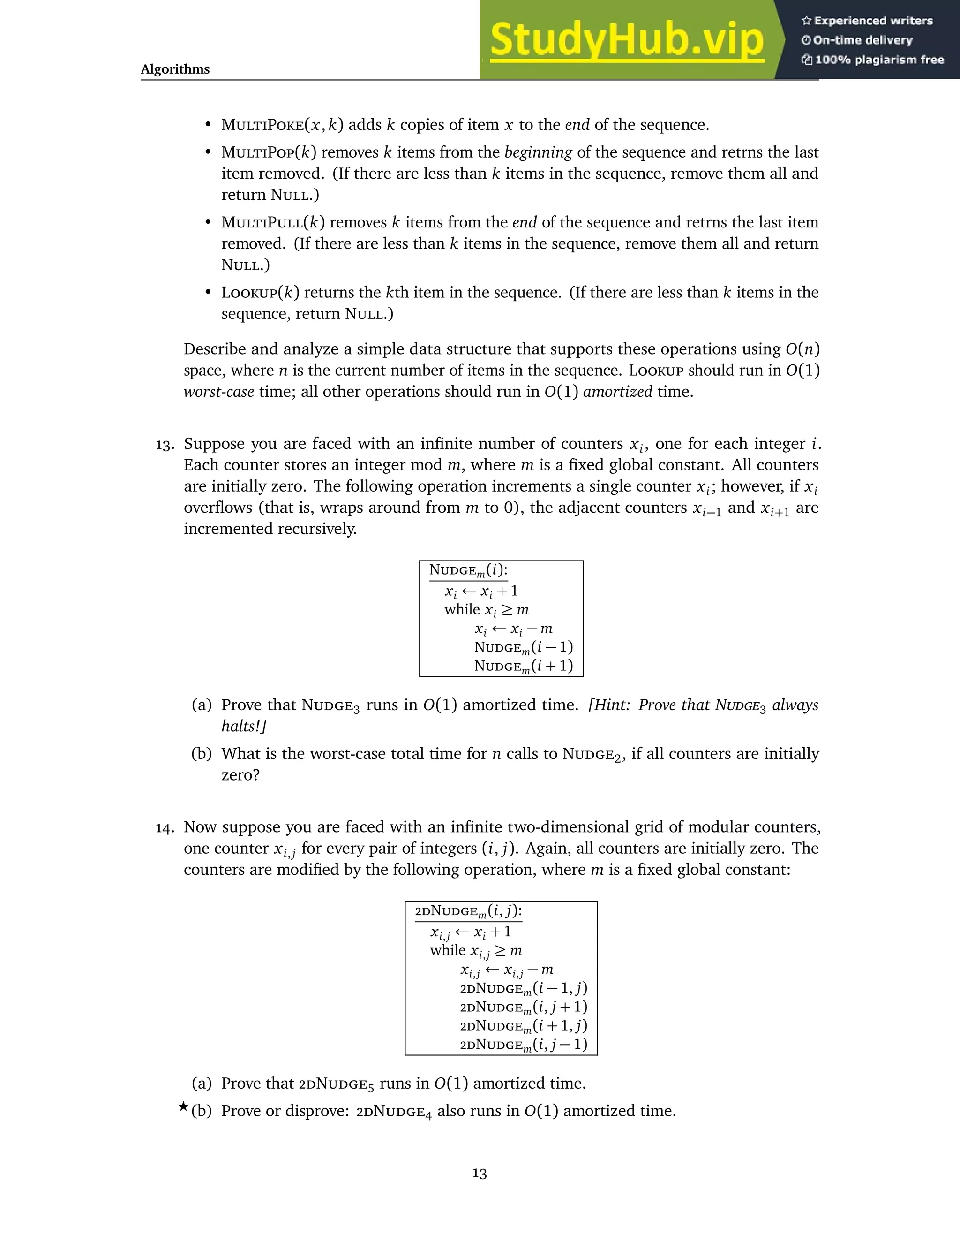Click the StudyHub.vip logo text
pos(626,40)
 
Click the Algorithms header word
pos(175,69)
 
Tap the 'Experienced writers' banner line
pos(867,21)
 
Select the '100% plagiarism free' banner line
pos(873,60)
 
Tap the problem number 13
pos(165,445)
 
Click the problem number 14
pos(165,827)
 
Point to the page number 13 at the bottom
pos(480,1174)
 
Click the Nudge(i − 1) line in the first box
pos(523,647)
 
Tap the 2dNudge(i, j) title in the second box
pos(468,911)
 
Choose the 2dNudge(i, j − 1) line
pos(523,1045)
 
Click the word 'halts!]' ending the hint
pos(244,726)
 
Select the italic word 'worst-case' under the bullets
pos(218,392)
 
